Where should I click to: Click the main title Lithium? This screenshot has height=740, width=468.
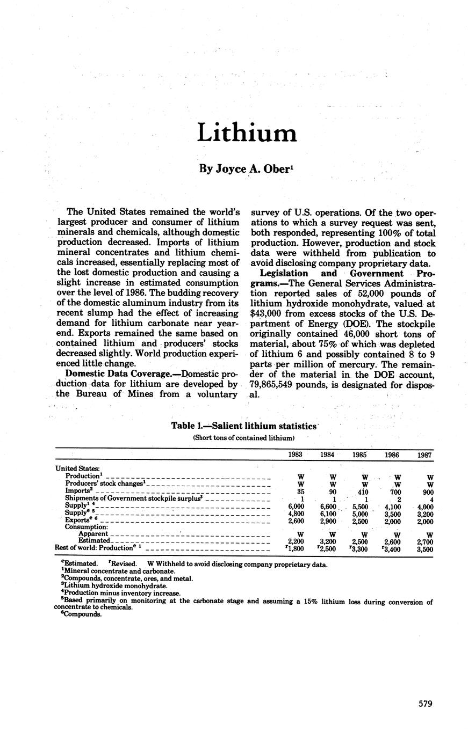[247, 132]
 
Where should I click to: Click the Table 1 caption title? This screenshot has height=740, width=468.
[244, 426]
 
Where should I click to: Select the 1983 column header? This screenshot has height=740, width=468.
[295, 454]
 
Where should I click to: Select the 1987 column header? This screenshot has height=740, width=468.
[424, 455]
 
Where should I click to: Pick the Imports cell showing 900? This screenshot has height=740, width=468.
[426, 490]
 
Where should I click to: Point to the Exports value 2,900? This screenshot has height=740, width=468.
[328, 521]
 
